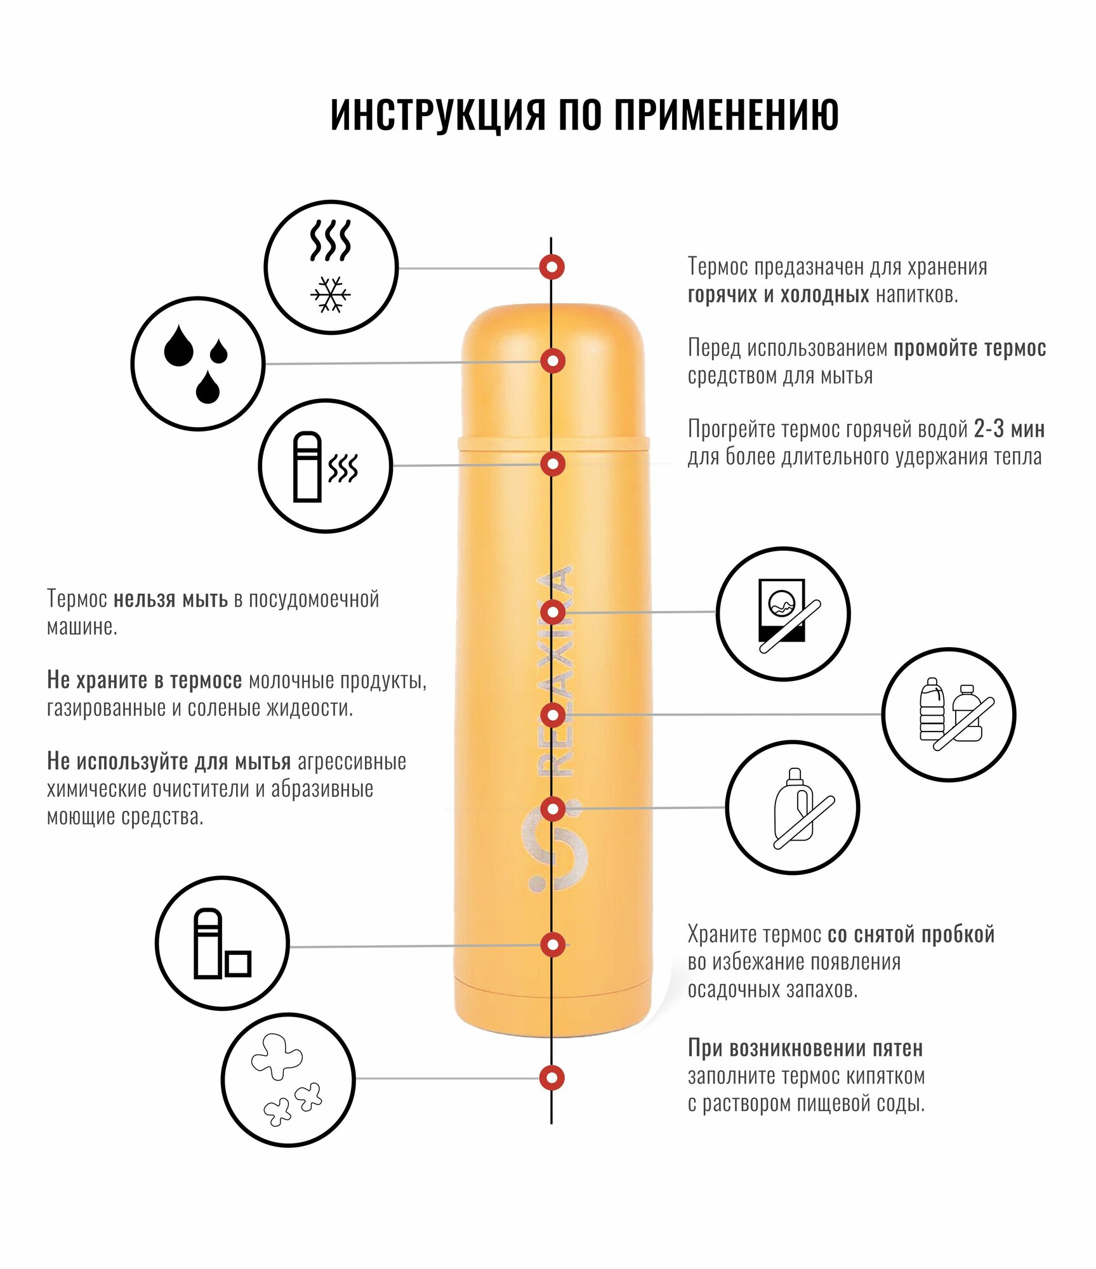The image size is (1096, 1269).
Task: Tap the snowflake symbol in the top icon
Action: click(x=331, y=294)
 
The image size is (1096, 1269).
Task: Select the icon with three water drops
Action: click(x=197, y=364)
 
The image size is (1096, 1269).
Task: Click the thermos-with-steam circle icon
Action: click(x=326, y=466)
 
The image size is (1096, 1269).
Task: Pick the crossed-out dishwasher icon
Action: click(x=783, y=614)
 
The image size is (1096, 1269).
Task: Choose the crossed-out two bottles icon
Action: click(x=949, y=714)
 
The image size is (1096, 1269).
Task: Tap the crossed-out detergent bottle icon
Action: click(x=793, y=808)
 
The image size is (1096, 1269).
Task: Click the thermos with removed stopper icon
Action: click(x=222, y=944)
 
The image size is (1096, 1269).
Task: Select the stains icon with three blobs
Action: click(x=288, y=1079)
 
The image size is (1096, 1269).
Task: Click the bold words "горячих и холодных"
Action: click(x=778, y=295)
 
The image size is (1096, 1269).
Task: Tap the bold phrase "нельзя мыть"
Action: click(x=170, y=599)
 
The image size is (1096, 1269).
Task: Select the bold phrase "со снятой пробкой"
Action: click(x=911, y=935)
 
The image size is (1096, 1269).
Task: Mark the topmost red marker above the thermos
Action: click(x=552, y=267)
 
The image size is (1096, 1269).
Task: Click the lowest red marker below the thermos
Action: click(x=552, y=1077)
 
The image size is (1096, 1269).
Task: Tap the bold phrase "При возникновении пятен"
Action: click(x=805, y=1048)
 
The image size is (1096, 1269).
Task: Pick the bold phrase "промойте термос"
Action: click(x=970, y=348)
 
